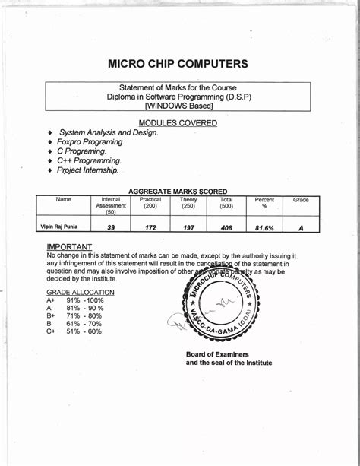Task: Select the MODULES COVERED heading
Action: coord(178,123)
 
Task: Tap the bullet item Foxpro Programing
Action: coord(90,142)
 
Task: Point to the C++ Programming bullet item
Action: coord(89,161)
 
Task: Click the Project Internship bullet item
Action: coord(88,171)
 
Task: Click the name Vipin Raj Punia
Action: coord(59,227)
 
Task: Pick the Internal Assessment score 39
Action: coord(111,227)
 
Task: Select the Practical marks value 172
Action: coord(150,227)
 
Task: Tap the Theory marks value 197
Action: coord(188,227)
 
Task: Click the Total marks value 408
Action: coord(226,227)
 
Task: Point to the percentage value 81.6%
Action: coord(264,227)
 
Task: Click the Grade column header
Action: coord(301,200)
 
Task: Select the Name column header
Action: coord(64,200)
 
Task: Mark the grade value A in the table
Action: coord(301,227)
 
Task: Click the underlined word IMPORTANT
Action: coord(69,247)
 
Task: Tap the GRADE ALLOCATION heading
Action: coord(81,292)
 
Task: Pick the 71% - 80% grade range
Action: coord(84,315)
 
